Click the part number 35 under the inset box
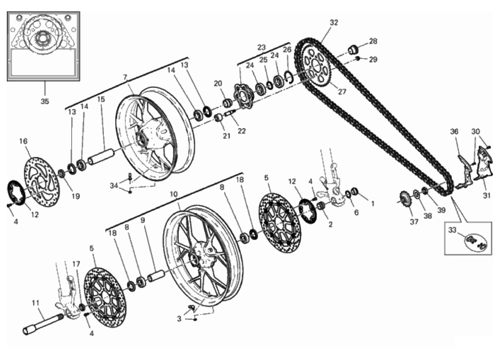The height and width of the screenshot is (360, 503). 45,101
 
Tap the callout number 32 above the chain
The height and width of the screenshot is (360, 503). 334,23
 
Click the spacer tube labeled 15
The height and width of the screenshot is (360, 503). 101,157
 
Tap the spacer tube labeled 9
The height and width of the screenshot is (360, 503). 157,277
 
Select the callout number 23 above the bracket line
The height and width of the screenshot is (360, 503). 262,47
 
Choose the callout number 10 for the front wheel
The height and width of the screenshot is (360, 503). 174,194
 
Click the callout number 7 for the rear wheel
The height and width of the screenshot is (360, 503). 125,77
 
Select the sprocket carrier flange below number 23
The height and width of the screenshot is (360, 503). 242,97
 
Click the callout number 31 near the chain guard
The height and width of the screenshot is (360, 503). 486,195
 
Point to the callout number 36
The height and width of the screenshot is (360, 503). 454,131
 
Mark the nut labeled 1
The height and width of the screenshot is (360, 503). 354,191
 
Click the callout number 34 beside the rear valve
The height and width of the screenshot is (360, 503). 114,185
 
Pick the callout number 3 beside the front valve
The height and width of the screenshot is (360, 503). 179,319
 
